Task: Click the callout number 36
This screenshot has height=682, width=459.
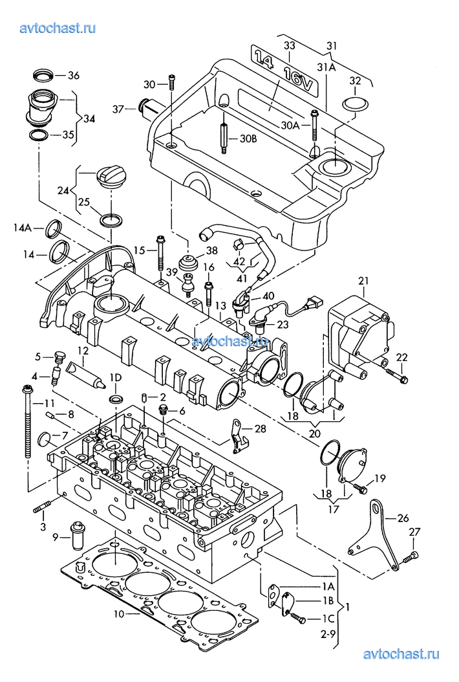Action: (x=74, y=75)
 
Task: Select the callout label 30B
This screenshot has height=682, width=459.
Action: (x=249, y=138)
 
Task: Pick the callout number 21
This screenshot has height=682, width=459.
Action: (x=363, y=281)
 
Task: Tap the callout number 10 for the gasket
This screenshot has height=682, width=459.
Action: (x=119, y=613)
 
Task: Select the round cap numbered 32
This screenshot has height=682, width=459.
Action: (x=355, y=104)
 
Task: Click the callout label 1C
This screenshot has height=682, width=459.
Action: (x=328, y=619)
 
